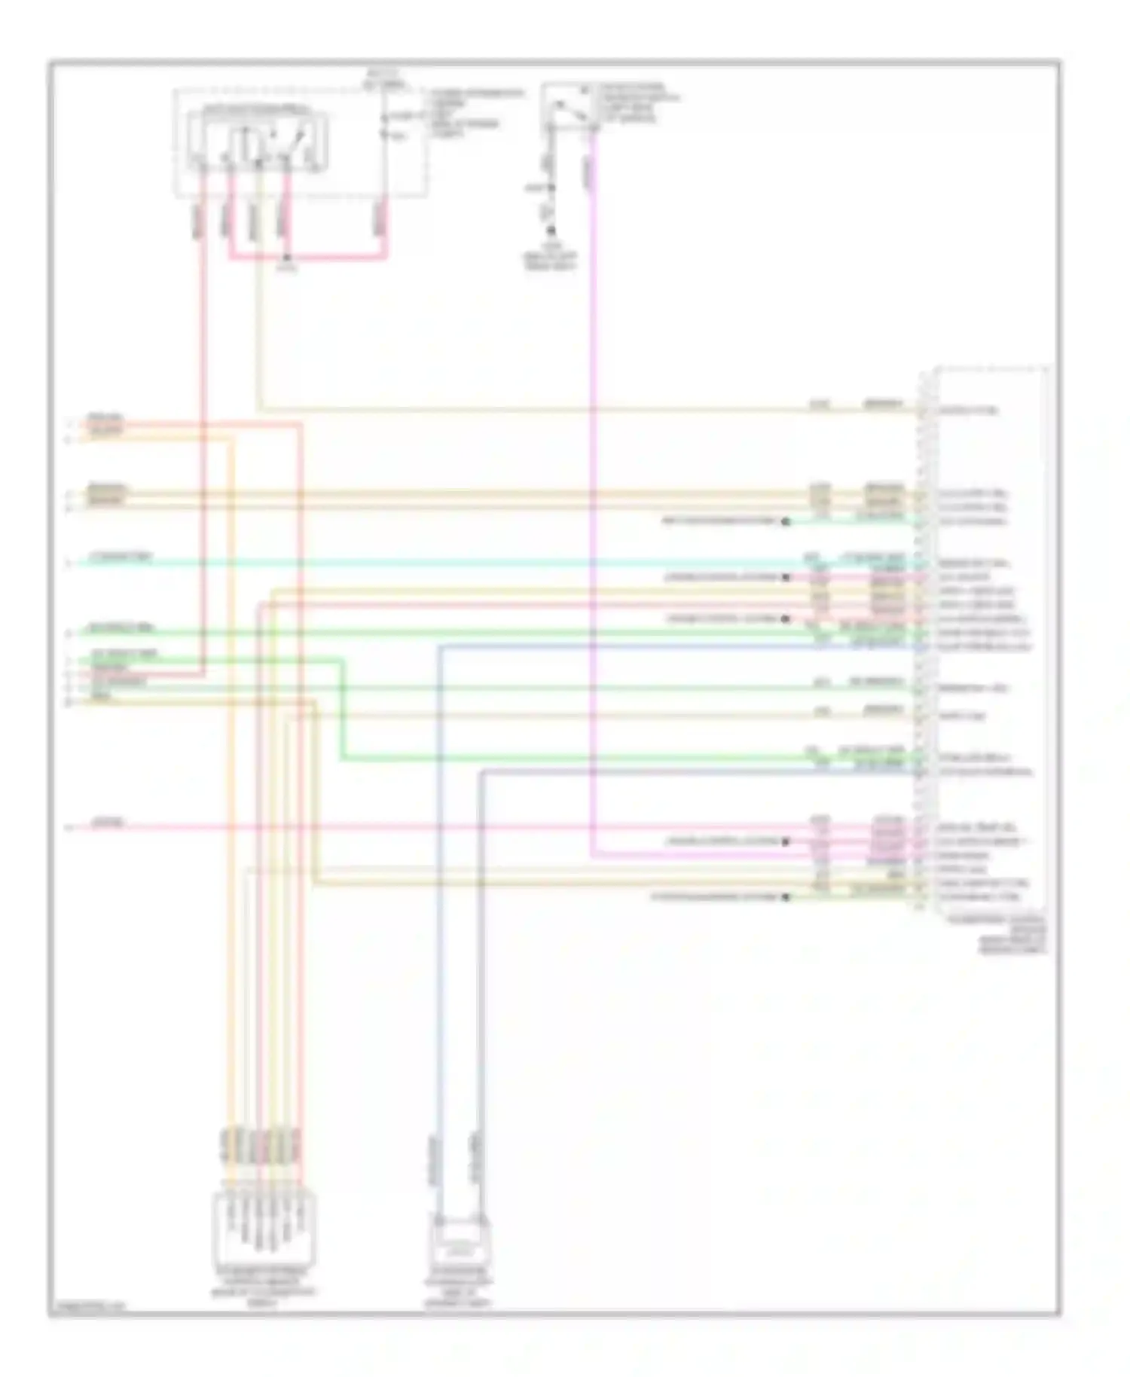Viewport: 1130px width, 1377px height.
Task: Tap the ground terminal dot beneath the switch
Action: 551,231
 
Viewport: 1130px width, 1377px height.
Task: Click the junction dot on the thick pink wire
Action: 286,258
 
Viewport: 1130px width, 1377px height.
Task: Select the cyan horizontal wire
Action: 452,563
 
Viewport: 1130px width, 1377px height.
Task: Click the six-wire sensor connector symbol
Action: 265,1227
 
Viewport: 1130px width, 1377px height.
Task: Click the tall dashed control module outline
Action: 983,640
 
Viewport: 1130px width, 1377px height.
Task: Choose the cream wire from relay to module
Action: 527,411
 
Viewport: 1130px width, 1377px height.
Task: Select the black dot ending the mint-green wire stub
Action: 786,521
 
